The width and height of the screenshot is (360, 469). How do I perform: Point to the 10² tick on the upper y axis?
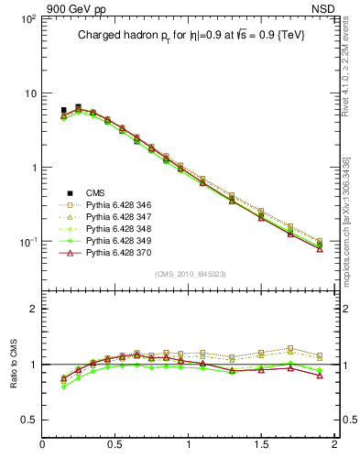[x=27, y=19]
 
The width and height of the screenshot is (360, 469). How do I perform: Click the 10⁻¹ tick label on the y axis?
[x=27, y=242]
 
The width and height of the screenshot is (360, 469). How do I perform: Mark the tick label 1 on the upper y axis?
[x=32, y=168]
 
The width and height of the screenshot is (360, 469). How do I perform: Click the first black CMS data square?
[x=63, y=110]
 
